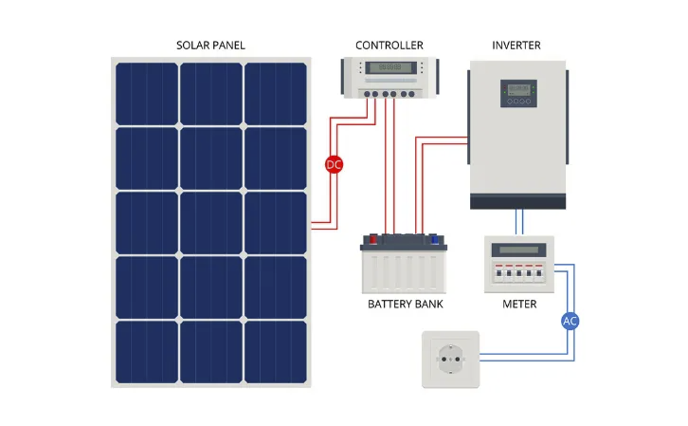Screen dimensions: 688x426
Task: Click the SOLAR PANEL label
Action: click(210, 46)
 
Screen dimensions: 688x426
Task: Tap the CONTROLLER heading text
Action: click(389, 46)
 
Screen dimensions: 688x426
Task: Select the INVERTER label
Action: click(516, 46)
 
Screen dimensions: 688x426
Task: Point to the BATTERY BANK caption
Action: click(406, 304)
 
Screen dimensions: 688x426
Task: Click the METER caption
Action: click(519, 304)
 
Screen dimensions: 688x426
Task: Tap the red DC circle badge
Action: click(334, 165)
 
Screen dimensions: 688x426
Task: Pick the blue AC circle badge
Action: click(570, 321)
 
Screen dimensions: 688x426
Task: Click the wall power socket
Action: click(451, 360)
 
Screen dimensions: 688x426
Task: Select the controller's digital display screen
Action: click(390, 67)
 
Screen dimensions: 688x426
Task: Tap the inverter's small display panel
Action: click(518, 93)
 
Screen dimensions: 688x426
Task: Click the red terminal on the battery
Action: click(373, 239)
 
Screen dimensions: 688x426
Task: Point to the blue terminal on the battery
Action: click(434, 239)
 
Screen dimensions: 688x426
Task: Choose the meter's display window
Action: click(518, 250)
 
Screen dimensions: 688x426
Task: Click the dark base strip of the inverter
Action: click(517, 201)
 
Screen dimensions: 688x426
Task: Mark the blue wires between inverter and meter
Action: click(519, 223)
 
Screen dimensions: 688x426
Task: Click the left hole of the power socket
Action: click(444, 360)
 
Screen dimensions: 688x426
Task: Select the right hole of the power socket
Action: click(458, 360)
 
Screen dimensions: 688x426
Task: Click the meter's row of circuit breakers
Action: click(518, 272)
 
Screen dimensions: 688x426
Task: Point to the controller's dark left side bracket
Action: click(343, 76)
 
